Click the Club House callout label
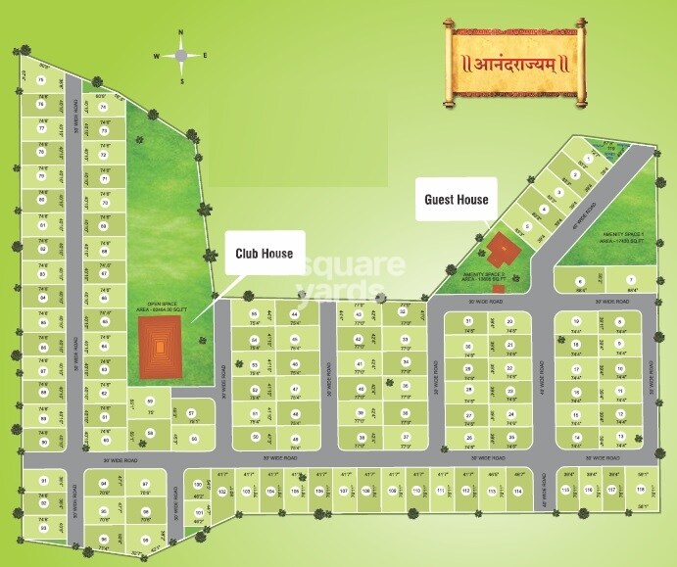(264, 254)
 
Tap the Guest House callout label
(456, 199)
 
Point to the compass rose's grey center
(180, 56)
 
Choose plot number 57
(192, 412)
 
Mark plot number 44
(295, 314)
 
